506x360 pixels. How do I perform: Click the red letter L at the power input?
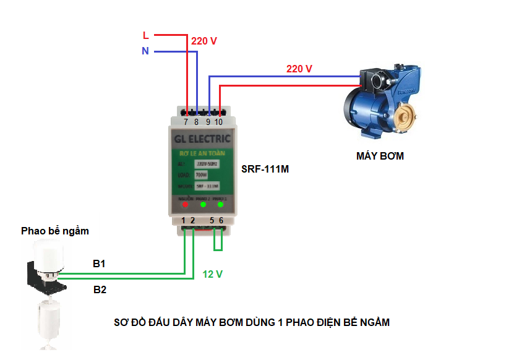coord(146,35)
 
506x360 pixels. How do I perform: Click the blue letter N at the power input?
coord(145,51)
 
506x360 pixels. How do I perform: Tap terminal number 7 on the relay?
coord(186,122)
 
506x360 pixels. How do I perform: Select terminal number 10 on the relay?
coord(219,122)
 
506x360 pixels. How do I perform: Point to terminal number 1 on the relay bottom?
coord(184,220)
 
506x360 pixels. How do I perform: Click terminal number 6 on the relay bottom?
coord(221,220)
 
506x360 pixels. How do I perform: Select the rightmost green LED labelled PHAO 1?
coord(220,205)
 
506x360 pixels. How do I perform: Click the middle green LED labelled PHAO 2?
coord(202,205)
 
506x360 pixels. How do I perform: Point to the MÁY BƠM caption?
coord(380,156)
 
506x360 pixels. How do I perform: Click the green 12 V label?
coord(212,274)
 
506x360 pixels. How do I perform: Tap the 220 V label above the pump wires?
coord(299,69)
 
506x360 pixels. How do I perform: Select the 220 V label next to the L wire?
coord(204,41)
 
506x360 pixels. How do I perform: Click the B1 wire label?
coord(99,264)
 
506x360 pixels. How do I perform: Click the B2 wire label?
coord(100,289)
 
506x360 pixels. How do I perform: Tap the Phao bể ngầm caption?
coord(55,231)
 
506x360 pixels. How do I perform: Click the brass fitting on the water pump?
coord(406,116)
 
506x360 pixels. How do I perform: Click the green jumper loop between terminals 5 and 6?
coord(218,242)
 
